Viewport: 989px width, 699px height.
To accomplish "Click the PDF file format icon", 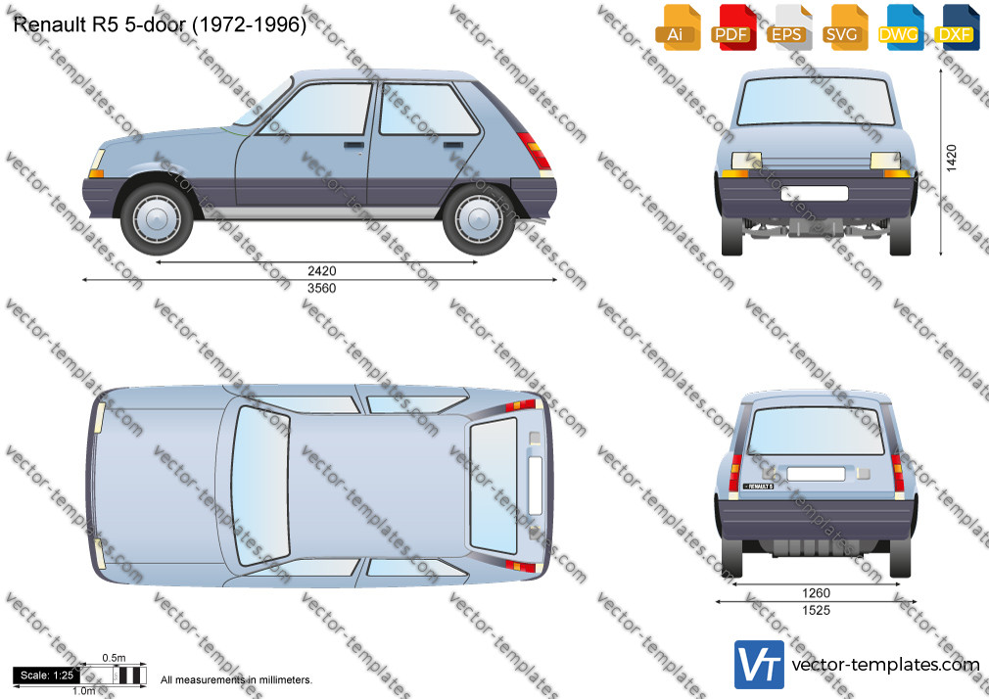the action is tap(732, 27).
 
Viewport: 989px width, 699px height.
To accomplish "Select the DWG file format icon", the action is tap(900, 27).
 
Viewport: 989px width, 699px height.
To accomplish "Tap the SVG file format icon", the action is tap(844, 27).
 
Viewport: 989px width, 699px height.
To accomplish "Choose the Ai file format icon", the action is tap(677, 27).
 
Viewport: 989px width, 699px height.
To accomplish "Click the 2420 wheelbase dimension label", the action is tap(322, 270).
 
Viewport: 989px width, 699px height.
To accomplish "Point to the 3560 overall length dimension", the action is tap(322, 288).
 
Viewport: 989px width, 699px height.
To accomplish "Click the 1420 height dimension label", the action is tap(952, 158).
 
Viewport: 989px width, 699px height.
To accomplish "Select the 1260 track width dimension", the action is tap(817, 593).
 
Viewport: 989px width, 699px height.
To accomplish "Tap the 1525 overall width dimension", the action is tap(817, 610).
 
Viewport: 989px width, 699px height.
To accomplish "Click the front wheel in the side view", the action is tap(157, 219).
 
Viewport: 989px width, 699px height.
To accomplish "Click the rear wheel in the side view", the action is tap(478, 219).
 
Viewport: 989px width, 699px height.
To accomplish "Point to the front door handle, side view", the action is tap(353, 145).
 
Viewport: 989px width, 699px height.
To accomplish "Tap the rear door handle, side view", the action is tap(453, 145).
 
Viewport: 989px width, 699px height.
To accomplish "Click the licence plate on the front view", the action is tap(815, 193).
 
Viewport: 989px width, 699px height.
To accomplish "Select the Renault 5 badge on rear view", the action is tap(758, 487).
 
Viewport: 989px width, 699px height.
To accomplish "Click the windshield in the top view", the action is tap(259, 485).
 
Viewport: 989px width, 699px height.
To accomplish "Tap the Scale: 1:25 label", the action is tap(47, 676).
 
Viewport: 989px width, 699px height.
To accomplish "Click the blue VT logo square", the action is tap(760, 665).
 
